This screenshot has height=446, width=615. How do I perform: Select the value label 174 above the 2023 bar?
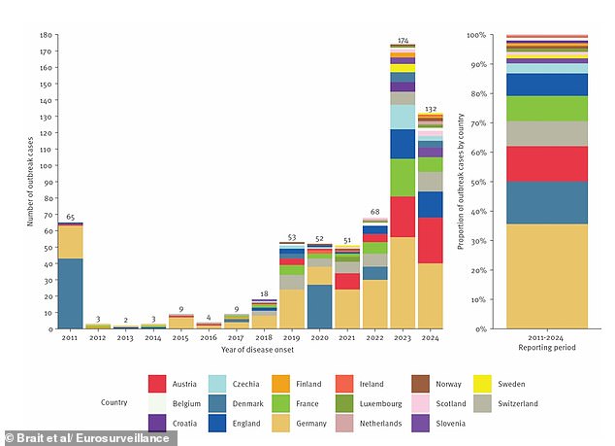[403, 40]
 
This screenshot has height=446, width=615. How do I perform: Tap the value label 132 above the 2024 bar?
[431, 109]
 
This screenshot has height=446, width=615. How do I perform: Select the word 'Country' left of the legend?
[114, 401]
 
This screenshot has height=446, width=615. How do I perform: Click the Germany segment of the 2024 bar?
[431, 295]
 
